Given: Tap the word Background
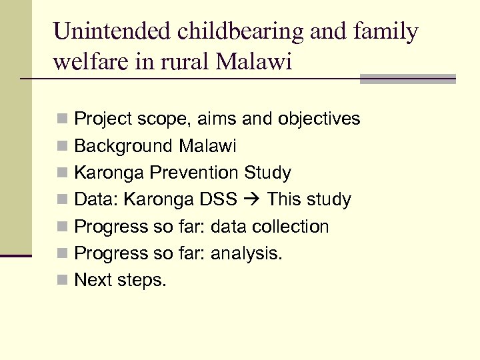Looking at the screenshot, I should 124,146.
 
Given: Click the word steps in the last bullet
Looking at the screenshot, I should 141,281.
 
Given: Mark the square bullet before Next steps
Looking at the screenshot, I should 62,281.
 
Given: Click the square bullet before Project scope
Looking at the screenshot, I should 62,120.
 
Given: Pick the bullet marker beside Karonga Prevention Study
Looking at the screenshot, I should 62,173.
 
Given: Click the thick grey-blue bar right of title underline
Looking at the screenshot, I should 407,79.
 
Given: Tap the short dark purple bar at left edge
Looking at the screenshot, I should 16,255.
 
